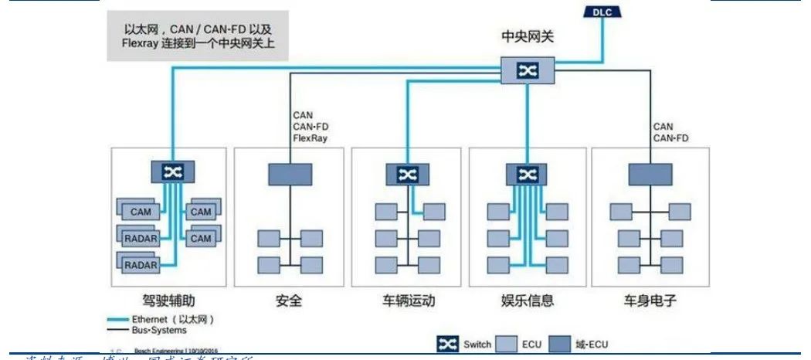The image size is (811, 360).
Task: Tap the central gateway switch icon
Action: tap(528, 71)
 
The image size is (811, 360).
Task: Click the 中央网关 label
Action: tap(528, 36)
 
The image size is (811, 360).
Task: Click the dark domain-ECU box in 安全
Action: tap(290, 175)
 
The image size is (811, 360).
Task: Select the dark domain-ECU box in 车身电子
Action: tap(650, 175)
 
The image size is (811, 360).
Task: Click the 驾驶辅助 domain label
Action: tap(172, 300)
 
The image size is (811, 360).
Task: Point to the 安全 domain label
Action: tap(288, 300)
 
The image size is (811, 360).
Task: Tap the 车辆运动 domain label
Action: tap(408, 300)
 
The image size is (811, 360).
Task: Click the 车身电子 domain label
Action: tap(649, 300)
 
